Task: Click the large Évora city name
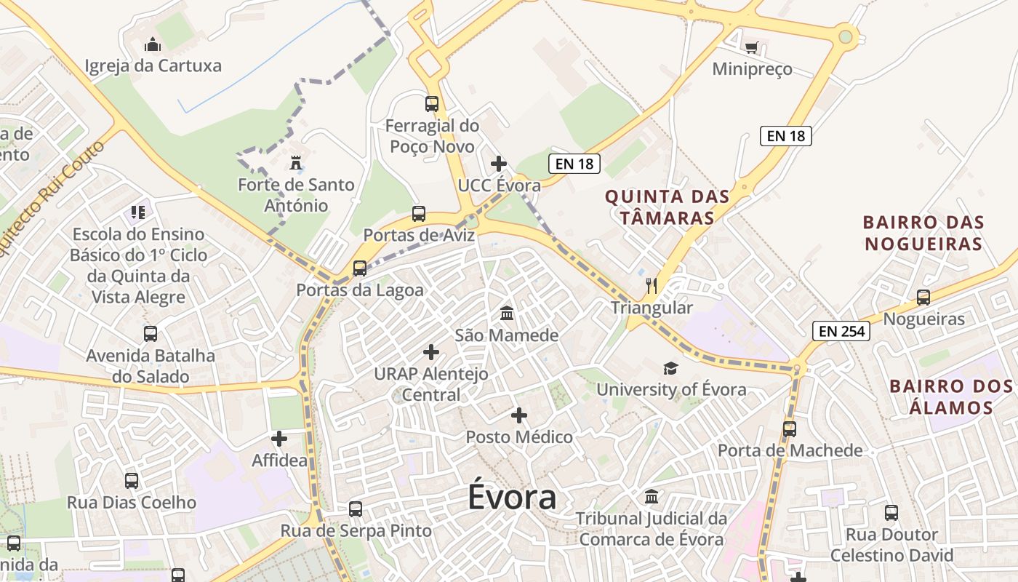[512, 498]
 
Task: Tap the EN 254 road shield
[842, 332]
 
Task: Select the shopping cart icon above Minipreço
[751, 48]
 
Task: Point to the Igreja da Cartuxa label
[153, 66]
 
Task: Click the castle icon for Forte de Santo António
[295, 162]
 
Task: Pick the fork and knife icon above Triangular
[652, 285]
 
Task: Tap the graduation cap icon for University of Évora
[670, 368]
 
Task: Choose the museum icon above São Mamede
[507, 313]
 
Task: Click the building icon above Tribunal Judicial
[652, 496]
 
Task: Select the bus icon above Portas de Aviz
[418, 214]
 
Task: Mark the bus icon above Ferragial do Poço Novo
[432, 103]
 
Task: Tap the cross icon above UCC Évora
[499, 164]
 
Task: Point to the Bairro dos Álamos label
[952, 396]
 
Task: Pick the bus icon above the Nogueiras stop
[923, 297]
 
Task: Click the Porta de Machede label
[790, 450]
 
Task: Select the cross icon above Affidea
[279, 439]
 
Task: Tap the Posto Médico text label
[519, 437]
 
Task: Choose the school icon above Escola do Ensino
[138, 212]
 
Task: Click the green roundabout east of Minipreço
[845, 36]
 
